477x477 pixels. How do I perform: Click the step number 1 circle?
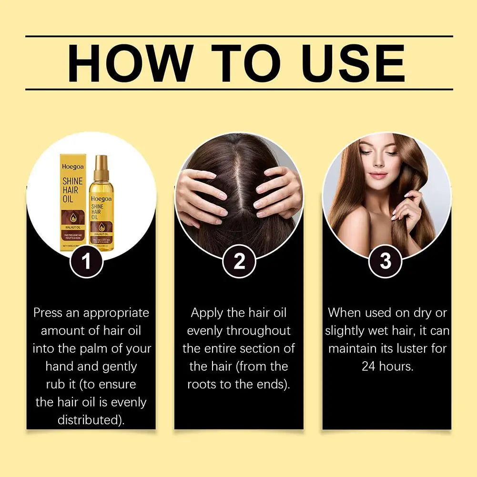click(86, 261)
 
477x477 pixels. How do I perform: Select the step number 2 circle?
click(239, 261)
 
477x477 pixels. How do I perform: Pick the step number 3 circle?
click(385, 261)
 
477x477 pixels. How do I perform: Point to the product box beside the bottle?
click(71, 200)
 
